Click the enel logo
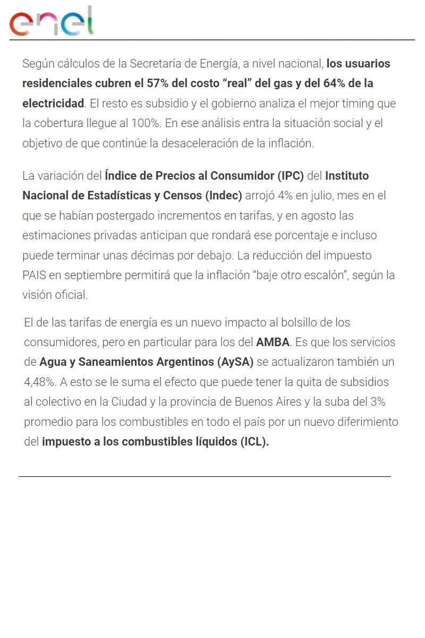click(x=51, y=22)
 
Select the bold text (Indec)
click(x=223, y=195)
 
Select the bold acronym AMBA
click(x=273, y=342)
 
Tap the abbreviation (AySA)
click(x=235, y=362)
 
